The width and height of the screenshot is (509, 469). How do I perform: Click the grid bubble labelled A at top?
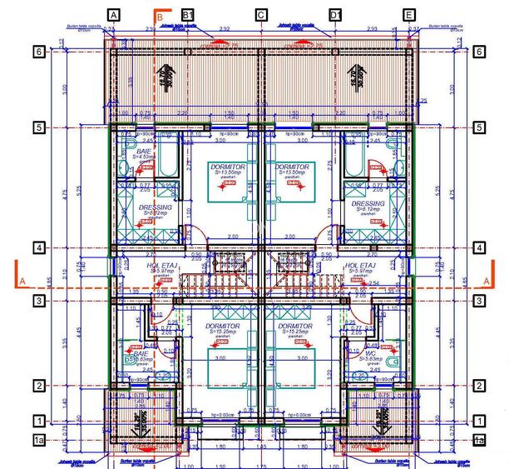click(x=114, y=15)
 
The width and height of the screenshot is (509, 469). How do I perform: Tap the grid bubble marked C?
click(x=261, y=15)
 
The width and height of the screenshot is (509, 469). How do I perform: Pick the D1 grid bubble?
click(x=335, y=15)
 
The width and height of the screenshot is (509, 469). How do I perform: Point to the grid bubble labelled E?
click(x=408, y=15)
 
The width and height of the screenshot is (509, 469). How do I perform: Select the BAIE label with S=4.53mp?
click(x=144, y=151)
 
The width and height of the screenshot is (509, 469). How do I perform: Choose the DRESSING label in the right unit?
click(x=368, y=204)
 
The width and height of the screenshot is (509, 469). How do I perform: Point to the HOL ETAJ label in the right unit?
click(x=361, y=266)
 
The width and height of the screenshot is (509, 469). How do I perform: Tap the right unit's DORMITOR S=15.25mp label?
click(x=294, y=326)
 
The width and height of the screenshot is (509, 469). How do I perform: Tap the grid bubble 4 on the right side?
click(x=480, y=247)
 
